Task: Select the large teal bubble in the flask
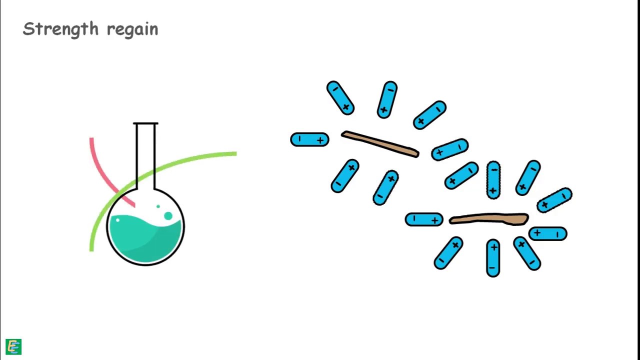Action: coord(168,216)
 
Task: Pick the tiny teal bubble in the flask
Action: coord(158,206)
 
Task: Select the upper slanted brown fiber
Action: coord(380,144)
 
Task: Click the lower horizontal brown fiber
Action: coord(489,218)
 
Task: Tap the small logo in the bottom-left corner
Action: coord(13,346)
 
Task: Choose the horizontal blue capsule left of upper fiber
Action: coord(309,139)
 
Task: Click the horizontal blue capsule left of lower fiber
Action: coord(423,219)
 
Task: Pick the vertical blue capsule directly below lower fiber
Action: coord(493,257)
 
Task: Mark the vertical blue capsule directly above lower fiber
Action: coord(493,180)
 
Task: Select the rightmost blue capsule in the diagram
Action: coord(554,199)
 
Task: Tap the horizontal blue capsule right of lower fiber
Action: coord(547,233)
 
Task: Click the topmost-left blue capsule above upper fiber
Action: coord(340,98)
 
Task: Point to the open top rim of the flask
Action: coord(145,123)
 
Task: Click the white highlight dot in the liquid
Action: coord(117,220)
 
